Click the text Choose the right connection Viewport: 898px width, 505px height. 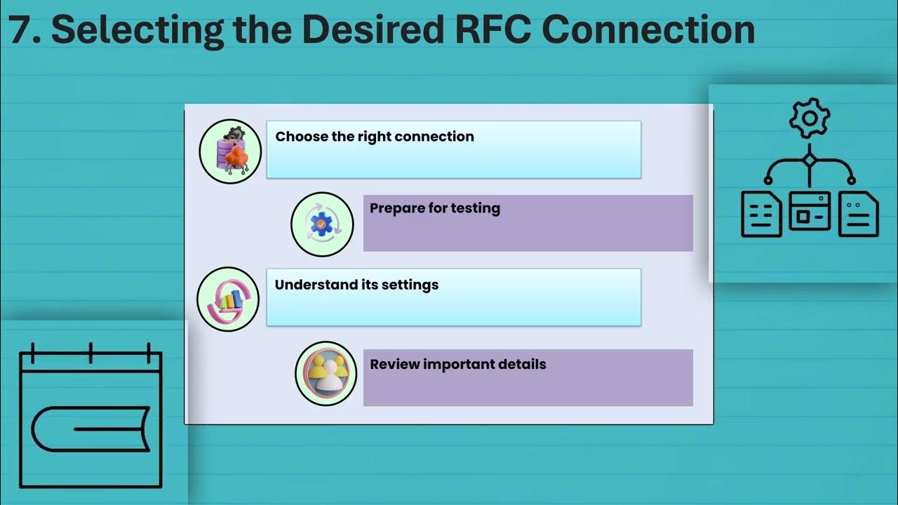(375, 137)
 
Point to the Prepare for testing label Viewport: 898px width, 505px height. (435, 208)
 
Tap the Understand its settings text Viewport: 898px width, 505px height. (356, 285)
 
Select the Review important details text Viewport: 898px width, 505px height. (458, 364)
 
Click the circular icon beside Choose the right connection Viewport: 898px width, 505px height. (230, 151)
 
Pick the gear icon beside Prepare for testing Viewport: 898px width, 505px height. (321, 224)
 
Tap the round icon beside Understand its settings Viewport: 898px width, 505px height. (228, 299)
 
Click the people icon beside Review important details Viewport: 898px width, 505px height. (326, 373)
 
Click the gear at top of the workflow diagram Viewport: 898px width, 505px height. (810, 119)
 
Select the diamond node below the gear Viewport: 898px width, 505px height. (810, 159)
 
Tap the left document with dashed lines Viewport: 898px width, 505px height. (761, 214)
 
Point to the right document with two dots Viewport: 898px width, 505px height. (858, 214)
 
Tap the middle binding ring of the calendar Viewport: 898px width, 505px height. (91, 353)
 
